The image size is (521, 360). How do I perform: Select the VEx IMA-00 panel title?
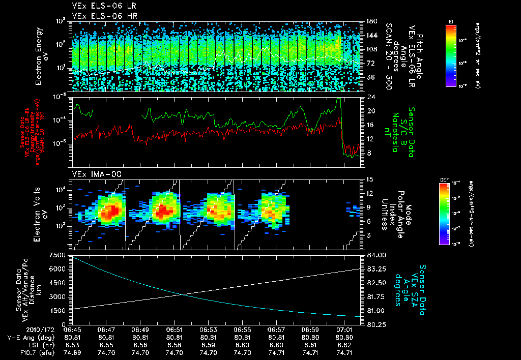point(97,174)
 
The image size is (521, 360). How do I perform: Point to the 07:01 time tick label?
point(345,329)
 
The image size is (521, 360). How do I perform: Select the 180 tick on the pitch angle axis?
point(370,21)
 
